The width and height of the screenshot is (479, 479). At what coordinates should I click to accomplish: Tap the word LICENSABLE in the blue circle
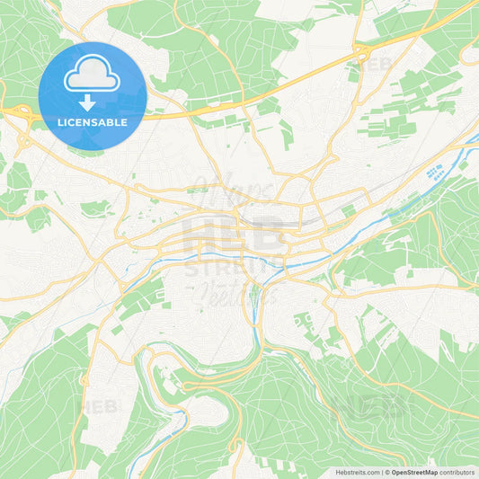click(92, 122)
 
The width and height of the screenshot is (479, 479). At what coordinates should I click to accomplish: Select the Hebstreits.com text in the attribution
click(358, 472)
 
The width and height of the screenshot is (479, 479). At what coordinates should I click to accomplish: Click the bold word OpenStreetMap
click(414, 472)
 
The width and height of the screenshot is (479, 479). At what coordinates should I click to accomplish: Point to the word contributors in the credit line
click(457, 472)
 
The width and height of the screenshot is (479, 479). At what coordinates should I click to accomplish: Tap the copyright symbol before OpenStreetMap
click(387, 472)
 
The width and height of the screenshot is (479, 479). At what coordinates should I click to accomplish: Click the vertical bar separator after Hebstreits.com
click(381, 472)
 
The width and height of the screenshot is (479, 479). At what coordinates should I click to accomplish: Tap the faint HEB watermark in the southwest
click(99, 406)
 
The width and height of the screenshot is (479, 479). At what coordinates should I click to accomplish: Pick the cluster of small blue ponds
click(437, 172)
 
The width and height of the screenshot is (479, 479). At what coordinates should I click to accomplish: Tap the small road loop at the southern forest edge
click(235, 444)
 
